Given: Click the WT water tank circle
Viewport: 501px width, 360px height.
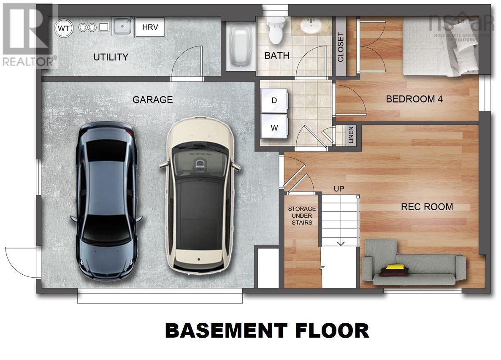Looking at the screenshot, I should (x=64, y=28).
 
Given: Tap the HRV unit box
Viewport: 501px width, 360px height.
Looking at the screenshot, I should (x=150, y=27).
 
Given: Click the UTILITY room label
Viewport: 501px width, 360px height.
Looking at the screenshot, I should (x=111, y=57).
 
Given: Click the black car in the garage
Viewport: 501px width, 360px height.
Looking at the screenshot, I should (x=106, y=203).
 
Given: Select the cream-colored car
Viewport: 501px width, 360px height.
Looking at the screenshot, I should (x=200, y=194).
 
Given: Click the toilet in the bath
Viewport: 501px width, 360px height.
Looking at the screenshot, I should (x=277, y=30).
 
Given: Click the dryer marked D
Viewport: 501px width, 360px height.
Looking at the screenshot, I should (x=274, y=100).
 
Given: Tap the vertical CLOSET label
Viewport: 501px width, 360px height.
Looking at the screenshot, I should (x=341, y=47).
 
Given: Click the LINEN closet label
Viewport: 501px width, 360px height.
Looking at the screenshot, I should (x=351, y=135).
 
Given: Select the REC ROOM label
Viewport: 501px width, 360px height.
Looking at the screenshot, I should (x=427, y=207).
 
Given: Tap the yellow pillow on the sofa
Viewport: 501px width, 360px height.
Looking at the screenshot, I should (x=395, y=266).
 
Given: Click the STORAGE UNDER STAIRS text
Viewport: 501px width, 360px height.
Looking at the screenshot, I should (x=301, y=215).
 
